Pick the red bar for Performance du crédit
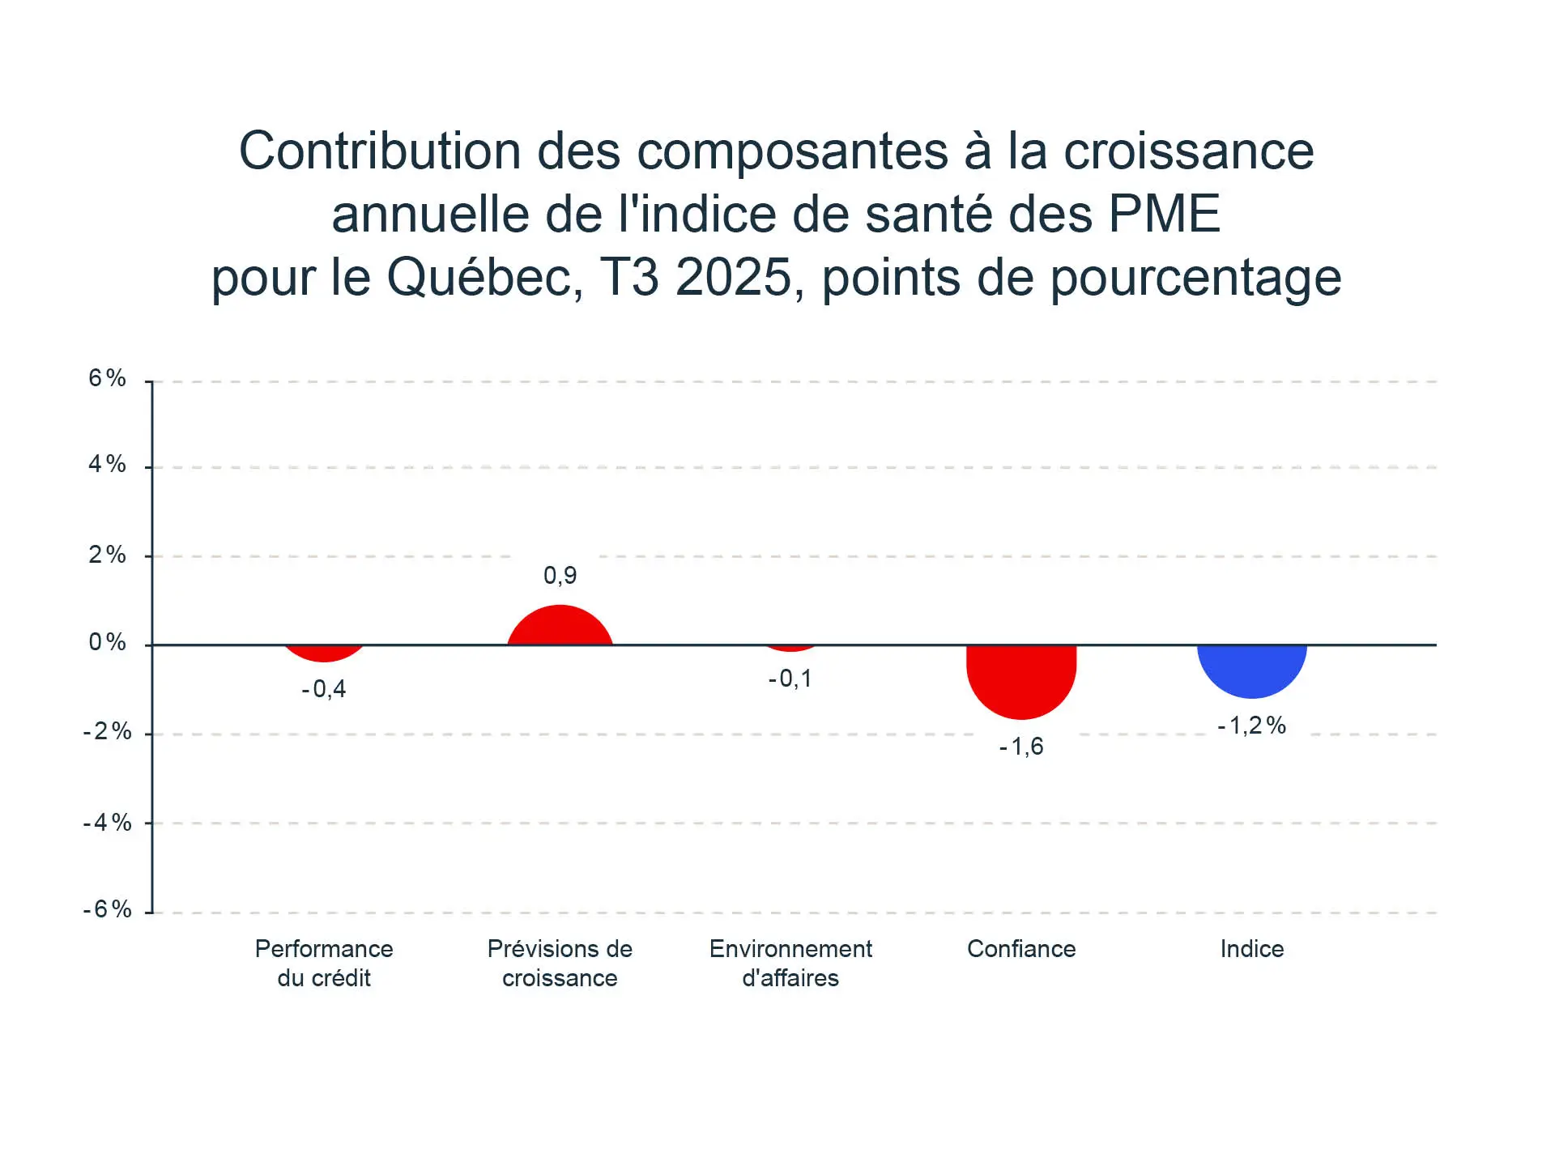pos(324,653)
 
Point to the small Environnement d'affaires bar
pos(790,648)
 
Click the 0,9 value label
pos(560,576)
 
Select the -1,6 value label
pos(1021,747)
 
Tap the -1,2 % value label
pos(1251,726)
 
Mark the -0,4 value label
pos(324,689)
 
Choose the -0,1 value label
pos(790,679)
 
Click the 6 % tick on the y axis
pos(108,378)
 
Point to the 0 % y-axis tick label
pos(108,643)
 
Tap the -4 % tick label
pos(108,823)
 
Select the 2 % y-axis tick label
pos(108,555)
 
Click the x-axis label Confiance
pos(1021,949)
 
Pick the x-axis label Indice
pos(1252,949)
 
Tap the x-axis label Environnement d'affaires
pos(790,964)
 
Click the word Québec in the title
pos(484,279)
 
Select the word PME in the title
pos(1164,215)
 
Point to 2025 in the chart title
pos(733,279)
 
